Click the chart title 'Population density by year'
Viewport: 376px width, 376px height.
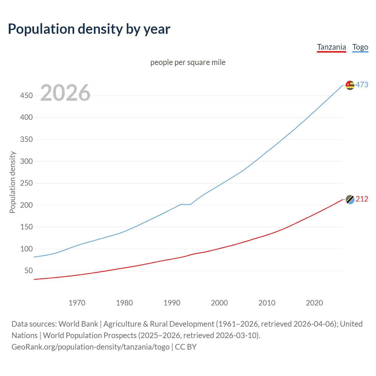89,29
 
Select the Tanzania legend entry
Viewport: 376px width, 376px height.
331,47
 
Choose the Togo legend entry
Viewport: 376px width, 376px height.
360,47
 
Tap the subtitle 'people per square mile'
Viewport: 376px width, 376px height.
188,62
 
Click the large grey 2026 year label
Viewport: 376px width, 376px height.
65,93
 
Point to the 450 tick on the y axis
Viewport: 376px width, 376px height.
26,95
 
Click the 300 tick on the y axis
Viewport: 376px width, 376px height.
26,161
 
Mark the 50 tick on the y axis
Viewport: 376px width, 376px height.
28,271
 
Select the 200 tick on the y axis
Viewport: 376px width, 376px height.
26,205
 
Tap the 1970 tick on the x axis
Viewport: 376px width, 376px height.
77,303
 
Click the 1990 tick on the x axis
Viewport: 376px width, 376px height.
172,303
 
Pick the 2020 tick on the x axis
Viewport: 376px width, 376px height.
314,303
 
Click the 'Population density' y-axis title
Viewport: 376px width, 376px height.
12,182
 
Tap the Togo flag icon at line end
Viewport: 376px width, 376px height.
350,85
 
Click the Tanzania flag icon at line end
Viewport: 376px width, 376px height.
350,199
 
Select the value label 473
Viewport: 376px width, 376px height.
362,85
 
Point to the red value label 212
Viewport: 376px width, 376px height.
362,199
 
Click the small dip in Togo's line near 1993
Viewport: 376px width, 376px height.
186,204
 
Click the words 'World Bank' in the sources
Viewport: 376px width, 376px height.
78,324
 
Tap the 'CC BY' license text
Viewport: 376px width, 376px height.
186,347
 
